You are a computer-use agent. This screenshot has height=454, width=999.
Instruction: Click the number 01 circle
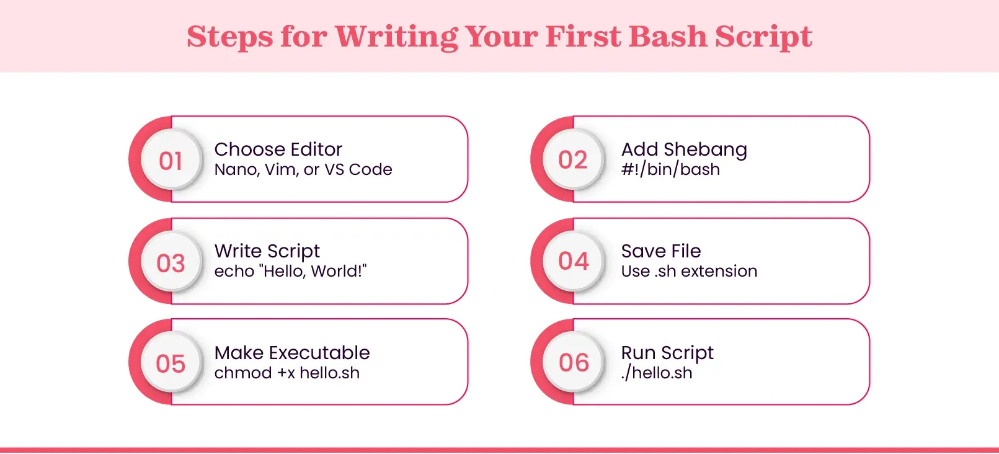point(171,161)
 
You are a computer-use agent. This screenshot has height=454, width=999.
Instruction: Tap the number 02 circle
point(573,160)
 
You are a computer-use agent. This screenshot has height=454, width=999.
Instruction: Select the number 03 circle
point(171,263)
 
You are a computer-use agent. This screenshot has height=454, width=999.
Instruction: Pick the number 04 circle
point(573,261)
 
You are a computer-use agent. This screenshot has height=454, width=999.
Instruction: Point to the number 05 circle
point(171,363)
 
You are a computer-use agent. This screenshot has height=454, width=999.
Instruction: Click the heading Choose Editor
point(278,149)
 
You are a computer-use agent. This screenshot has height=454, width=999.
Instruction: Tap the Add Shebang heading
point(684,149)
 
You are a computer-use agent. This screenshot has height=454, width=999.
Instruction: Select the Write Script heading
point(267,251)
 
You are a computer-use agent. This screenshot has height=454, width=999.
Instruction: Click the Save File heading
point(661,251)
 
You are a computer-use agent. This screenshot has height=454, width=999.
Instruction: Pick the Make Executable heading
point(292,353)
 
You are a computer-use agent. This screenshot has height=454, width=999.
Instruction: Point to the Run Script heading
point(667,353)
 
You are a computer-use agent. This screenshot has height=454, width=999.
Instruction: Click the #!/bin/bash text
point(670,169)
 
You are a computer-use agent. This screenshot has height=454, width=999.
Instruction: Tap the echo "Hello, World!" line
point(290,271)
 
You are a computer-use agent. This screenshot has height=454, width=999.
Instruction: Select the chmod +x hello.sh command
point(286,373)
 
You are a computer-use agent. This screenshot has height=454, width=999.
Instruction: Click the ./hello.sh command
point(657,373)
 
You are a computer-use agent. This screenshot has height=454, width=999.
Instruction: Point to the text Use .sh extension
point(689,271)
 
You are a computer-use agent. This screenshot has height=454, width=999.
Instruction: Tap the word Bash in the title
point(667,36)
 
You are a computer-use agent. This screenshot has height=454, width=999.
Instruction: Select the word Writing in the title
point(396,37)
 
